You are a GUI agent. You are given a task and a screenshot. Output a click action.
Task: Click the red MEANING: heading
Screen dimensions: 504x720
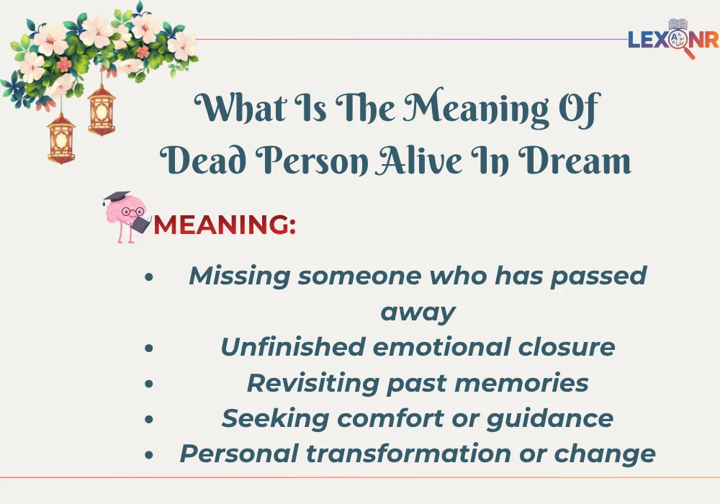click(x=225, y=225)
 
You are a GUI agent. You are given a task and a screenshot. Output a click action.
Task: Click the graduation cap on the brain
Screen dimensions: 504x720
click(x=115, y=197)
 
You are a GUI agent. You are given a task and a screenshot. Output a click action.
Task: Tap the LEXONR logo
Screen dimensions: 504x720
click(x=672, y=39)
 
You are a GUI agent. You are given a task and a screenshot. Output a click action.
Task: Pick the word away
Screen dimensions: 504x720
click(x=418, y=312)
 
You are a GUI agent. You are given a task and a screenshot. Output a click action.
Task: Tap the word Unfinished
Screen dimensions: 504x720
click(x=292, y=347)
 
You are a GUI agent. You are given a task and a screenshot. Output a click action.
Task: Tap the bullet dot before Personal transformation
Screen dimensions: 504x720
click(x=148, y=455)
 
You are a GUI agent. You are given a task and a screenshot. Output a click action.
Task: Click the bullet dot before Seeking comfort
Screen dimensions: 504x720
click(x=148, y=419)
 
